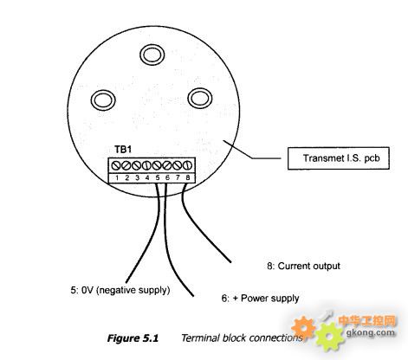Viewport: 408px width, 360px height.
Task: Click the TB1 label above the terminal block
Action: coord(123,150)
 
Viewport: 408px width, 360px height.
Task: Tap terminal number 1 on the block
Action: coord(117,178)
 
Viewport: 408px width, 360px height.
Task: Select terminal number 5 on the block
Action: coord(157,178)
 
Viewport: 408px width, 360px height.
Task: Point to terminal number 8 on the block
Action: coord(188,178)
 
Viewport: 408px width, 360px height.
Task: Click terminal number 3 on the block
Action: coord(137,178)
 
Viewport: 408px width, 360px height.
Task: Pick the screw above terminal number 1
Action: coord(116,165)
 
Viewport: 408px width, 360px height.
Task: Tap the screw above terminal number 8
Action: coord(187,165)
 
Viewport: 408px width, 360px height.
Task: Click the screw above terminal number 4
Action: coord(146,165)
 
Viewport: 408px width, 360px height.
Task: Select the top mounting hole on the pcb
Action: coord(152,55)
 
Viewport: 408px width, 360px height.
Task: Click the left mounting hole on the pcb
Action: coord(103,100)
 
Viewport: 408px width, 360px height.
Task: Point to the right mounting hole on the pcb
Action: coord(200,99)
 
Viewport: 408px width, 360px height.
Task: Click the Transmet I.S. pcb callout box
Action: coord(339,158)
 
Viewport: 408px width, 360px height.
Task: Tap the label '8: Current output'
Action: coord(303,266)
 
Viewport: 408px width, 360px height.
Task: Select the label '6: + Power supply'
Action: coord(260,299)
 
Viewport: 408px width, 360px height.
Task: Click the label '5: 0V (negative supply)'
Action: coord(120,290)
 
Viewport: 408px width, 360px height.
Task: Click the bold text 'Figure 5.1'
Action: coord(133,338)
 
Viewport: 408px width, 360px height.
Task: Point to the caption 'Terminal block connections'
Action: coord(242,337)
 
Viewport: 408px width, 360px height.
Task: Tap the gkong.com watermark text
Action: coord(370,332)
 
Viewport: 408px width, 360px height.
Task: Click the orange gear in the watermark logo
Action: coord(303,328)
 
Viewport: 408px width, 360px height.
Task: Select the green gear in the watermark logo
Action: coord(329,337)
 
